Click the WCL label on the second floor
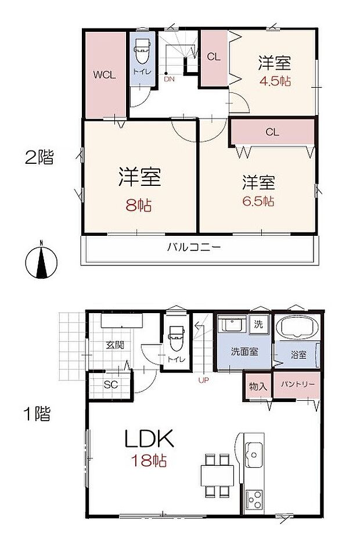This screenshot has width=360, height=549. click(105, 75)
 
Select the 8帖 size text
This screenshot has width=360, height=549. click(139, 205)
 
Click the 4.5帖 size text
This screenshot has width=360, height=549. click(275, 81)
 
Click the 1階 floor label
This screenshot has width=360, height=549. click(37, 415)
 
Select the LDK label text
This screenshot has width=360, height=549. click(149, 439)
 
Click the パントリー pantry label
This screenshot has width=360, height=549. click(298, 385)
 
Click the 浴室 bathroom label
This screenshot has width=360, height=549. click(298, 355)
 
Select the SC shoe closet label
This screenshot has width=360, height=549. click(110, 384)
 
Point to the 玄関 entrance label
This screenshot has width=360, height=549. click(114, 345)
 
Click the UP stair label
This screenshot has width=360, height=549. click(203, 381)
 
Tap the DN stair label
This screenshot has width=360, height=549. click(168, 79)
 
